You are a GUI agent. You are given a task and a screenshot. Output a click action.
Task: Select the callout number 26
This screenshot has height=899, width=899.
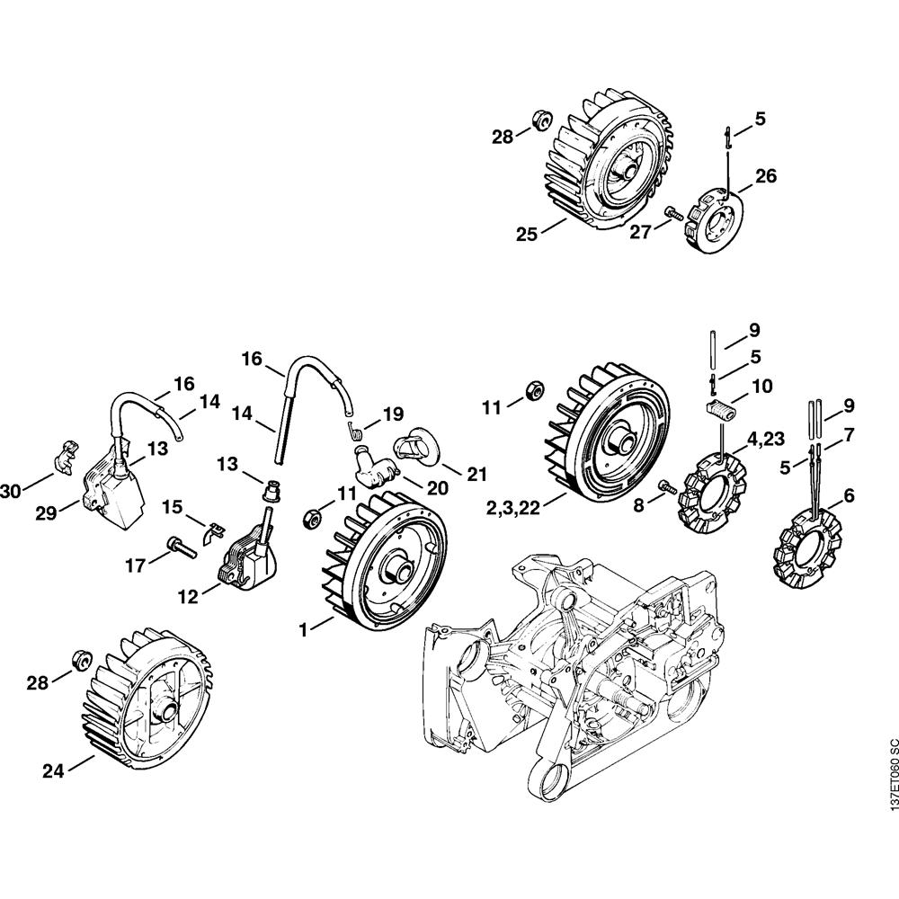click(765, 175)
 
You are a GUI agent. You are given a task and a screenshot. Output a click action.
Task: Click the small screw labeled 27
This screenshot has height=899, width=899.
click(671, 213)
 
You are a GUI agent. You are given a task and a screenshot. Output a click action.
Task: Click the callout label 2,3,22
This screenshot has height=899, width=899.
click(526, 509)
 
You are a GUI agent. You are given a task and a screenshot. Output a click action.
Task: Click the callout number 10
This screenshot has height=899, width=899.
click(761, 386)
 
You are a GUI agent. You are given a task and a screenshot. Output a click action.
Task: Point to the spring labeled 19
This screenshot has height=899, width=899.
click(356, 430)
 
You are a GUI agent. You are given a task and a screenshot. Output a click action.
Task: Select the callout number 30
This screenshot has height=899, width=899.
click(12, 491)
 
